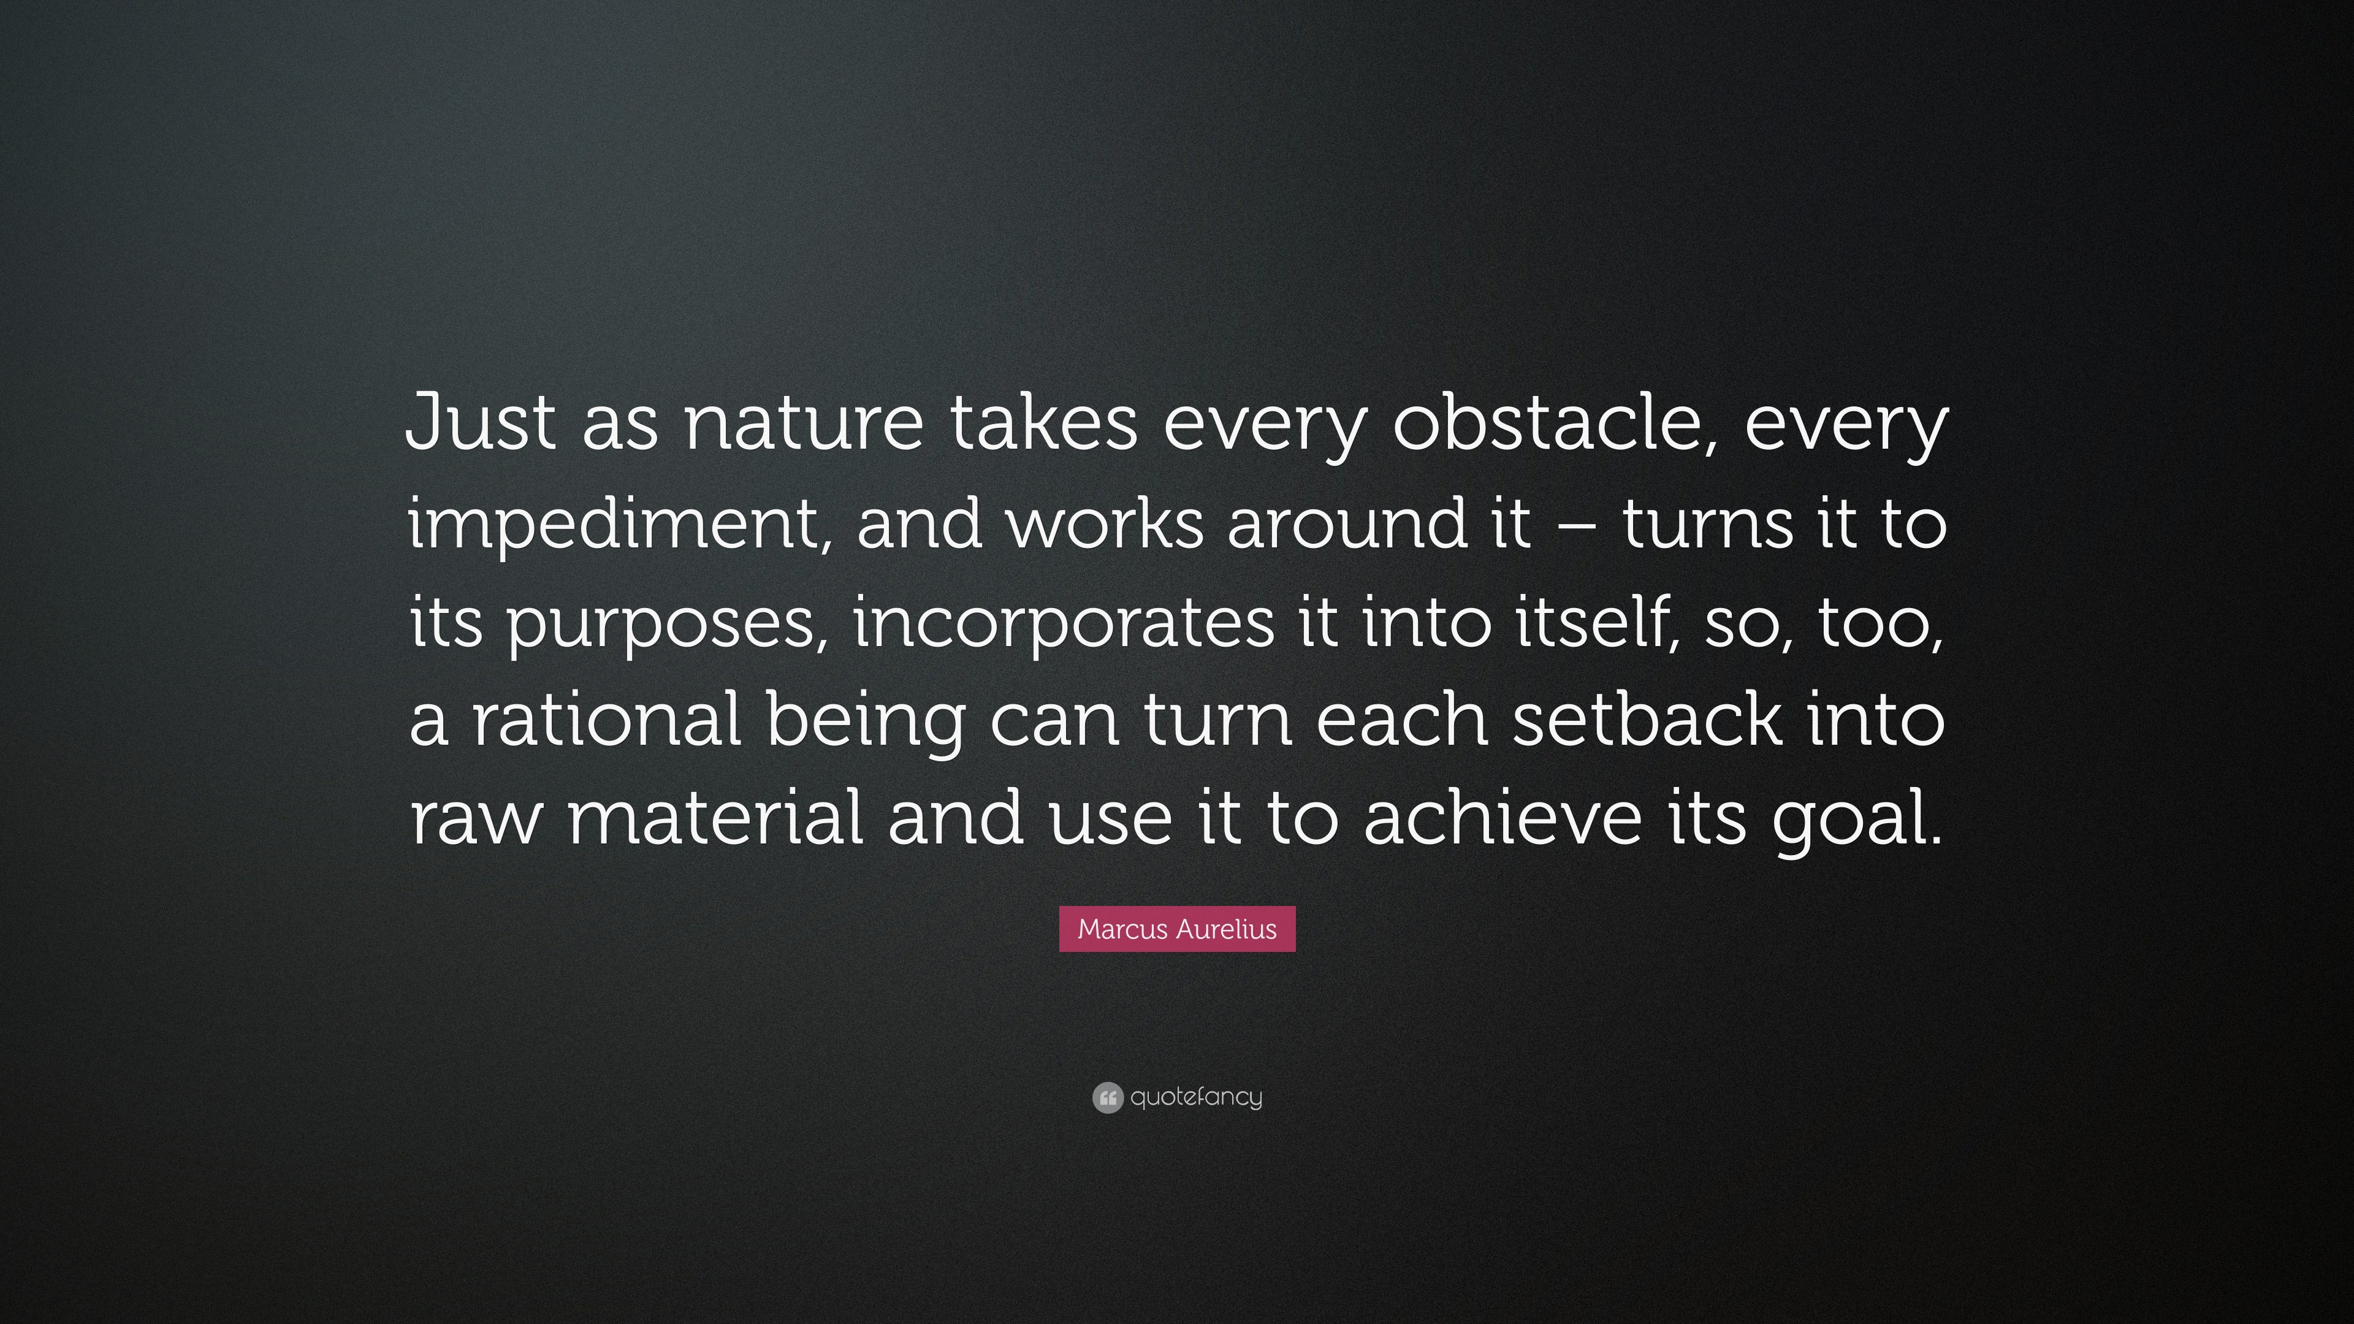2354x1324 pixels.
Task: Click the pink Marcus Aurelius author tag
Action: point(1177,929)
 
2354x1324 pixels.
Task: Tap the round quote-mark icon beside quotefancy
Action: point(1107,1097)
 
